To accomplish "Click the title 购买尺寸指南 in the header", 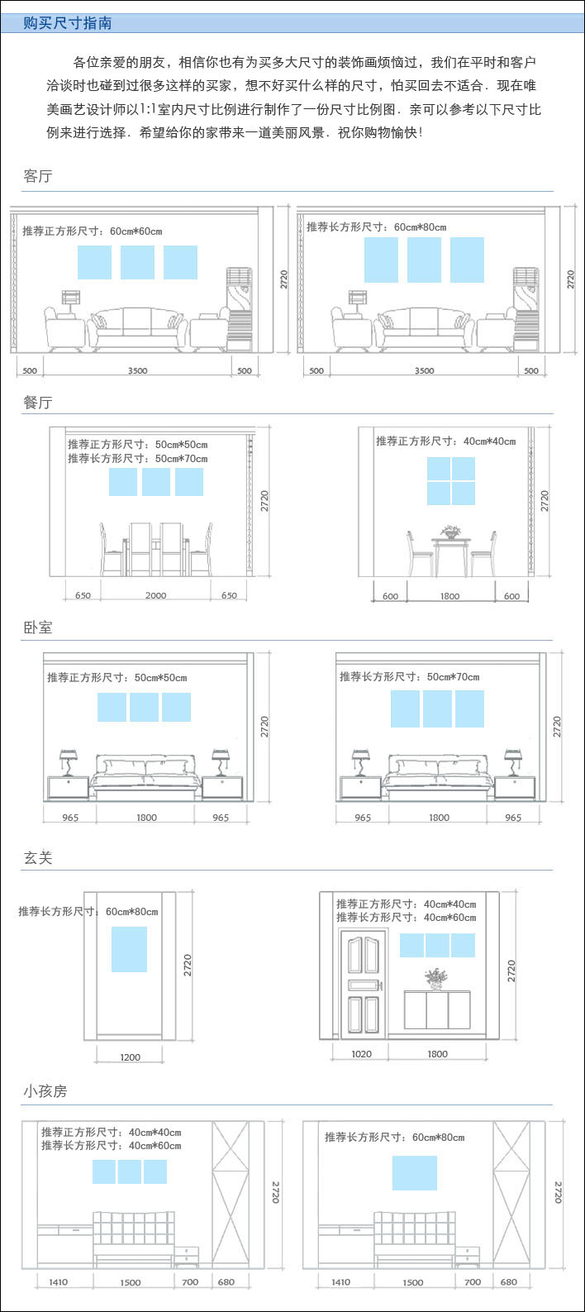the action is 68,23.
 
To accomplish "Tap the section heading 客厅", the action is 37,176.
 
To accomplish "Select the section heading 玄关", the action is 37,857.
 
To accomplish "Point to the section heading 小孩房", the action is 45,1091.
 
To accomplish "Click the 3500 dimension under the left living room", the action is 138,370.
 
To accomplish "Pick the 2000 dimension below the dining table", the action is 156,595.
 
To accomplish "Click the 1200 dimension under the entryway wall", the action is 130,1057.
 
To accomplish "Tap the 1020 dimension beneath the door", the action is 361,1054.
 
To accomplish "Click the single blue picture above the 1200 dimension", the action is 130,949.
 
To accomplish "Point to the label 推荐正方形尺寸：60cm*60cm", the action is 93,231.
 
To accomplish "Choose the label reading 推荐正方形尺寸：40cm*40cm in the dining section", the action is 446,441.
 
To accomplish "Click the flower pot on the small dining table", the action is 450,532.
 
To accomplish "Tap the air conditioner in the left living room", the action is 239,309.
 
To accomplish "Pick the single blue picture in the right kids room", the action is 415,1173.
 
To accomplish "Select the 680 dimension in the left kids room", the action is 226,1282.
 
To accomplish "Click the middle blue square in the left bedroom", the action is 144,707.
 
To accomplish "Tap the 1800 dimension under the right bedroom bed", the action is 440,818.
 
